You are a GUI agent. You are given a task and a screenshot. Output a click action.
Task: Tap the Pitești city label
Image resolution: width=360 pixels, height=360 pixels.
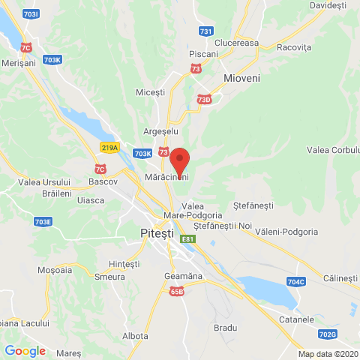[161, 234]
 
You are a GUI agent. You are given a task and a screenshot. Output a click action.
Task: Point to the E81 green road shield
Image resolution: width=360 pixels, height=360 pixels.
[187, 238]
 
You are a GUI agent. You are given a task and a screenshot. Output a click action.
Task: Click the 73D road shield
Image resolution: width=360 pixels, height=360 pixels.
[204, 99]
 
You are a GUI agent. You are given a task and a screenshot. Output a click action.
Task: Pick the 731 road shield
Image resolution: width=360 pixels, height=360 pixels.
[206, 31]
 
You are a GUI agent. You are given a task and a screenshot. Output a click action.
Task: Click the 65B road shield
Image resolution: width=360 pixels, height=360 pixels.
[176, 292]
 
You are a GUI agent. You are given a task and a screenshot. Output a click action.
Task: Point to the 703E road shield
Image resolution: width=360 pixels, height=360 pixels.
[43, 222]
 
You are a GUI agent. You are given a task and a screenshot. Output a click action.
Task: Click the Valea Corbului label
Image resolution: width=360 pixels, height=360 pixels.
[334, 150]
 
